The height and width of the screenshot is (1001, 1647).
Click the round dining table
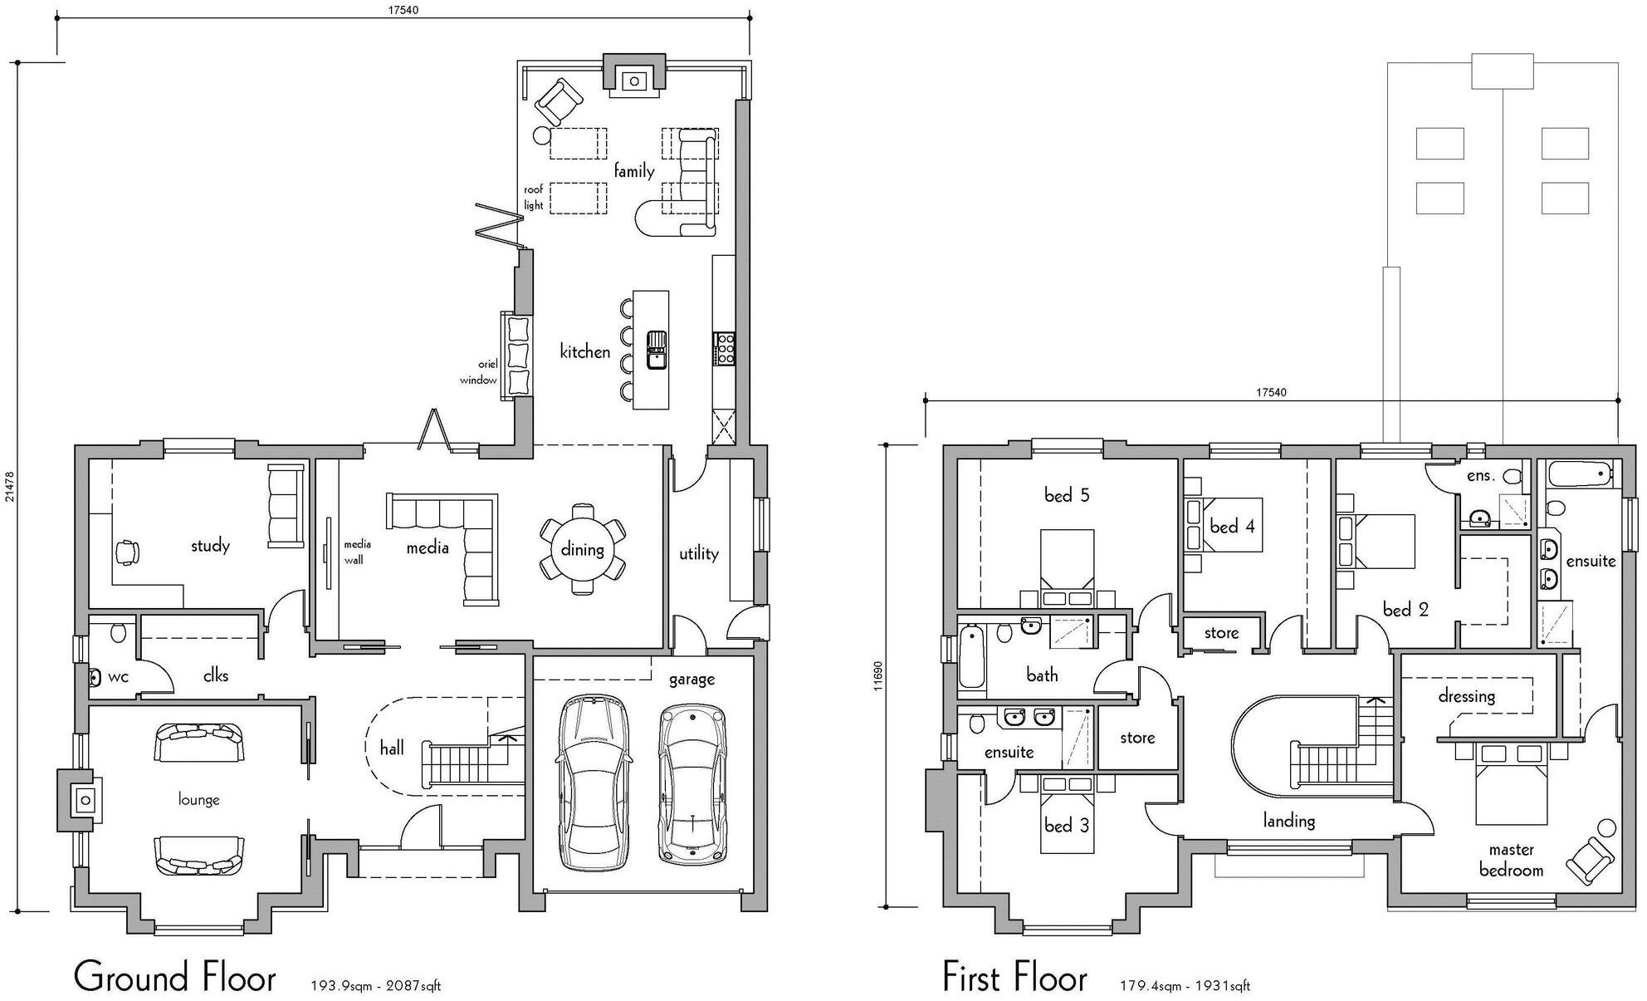(x=582, y=549)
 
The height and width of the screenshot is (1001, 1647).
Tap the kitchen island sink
(x=657, y=350)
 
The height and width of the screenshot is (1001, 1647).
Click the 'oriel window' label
(x=479, y=372)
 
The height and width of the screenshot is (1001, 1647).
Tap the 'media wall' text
(x=357, y=552)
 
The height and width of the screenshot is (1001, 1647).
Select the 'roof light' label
(x=533, y=198)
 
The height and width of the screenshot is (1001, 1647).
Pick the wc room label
(x=118, y=677)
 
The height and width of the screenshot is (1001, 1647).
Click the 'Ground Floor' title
(x=174, y=977)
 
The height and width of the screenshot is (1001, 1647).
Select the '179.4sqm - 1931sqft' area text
(x=1185, y=986)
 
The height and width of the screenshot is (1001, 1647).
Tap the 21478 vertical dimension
(x=9, y=486)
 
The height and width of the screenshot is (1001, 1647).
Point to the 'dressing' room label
(x=1467, y=696)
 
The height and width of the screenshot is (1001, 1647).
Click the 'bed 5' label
(x=1067, y=496)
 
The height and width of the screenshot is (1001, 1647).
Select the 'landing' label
(x=1288, y=821)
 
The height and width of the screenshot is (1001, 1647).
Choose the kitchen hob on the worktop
(x=724, y=348)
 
